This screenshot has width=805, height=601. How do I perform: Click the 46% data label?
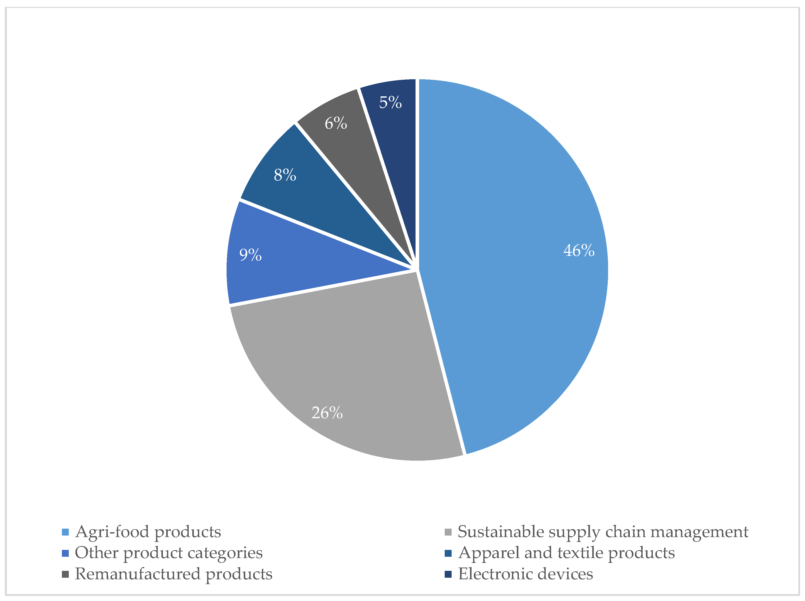[579, 251]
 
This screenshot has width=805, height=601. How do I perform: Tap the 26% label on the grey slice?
[327, 413]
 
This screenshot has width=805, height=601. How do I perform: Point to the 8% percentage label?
[285, 175]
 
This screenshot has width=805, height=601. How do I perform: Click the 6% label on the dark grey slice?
[336, 123]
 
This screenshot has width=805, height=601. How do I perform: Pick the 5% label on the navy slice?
[390, 102]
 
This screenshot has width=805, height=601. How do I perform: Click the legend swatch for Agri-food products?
[65, 532]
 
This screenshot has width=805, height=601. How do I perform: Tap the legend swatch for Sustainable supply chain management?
[448, 532]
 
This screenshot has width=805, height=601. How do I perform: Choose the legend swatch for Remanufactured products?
[65, 574]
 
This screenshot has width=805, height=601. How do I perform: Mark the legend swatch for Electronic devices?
[448, 574]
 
